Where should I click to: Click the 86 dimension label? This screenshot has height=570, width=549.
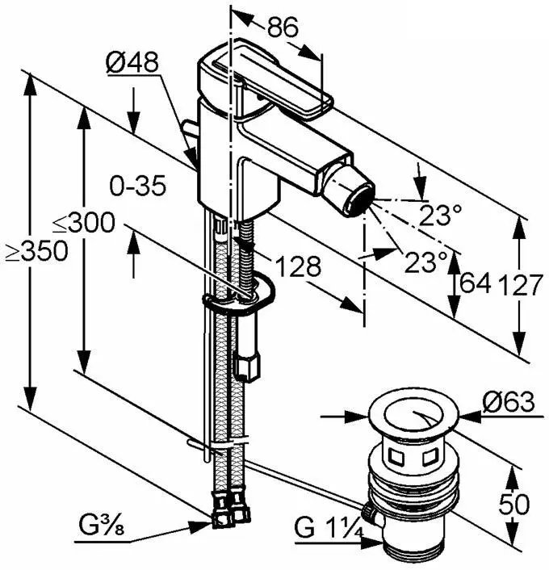[282, 27]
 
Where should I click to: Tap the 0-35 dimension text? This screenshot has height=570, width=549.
[138, 187]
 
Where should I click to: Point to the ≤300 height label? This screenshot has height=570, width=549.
[84, 224]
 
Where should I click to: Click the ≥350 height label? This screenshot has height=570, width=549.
[36, 251]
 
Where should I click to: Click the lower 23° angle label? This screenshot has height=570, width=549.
[425, 261]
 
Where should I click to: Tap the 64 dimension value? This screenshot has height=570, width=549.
[475, 284]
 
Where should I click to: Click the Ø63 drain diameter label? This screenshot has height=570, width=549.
[509, 401]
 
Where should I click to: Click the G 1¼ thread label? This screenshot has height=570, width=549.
[325, 531]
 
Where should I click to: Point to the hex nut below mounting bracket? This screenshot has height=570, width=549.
[249, 367]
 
